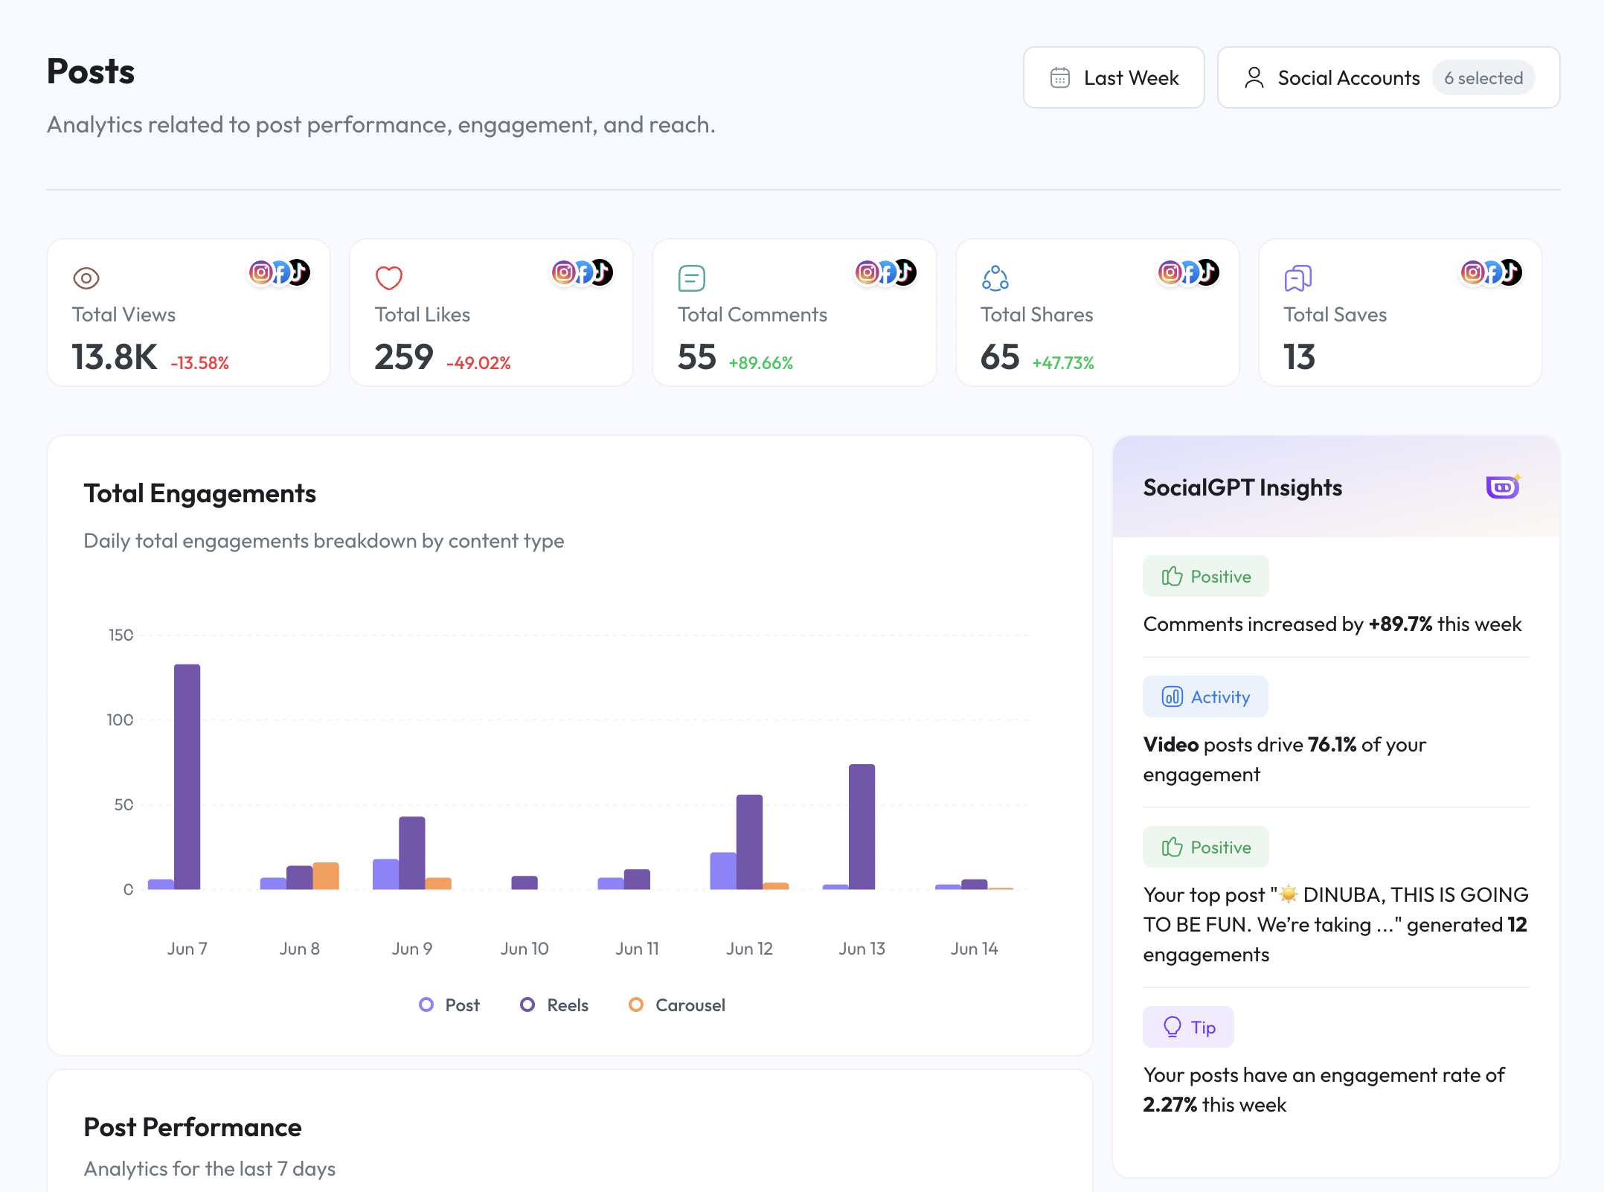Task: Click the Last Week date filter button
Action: click(x=1113, y=77)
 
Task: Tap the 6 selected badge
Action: click(x=1483, y=78)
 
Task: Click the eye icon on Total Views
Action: click(x=86, y=278)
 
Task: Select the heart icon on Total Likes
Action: click(x=388, y=278)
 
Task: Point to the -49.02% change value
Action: click(x=478, y=363)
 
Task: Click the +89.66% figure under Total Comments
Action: click(x=760, y=363)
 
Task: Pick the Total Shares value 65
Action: click(x=999, y=357)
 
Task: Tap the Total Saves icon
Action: click(x=1297, y=278)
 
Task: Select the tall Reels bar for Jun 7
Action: click(x=187, y=777)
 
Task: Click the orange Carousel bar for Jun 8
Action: click(x=326, y=876)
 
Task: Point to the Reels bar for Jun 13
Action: click(x=862, y=827)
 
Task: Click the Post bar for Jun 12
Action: click(x=723, y=871)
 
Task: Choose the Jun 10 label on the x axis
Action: click(x=524, y=949)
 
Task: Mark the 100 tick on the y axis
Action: click(x=120, y=720)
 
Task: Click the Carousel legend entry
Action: click(x=676, y=1005)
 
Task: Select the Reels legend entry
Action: click(x=554, y=1005)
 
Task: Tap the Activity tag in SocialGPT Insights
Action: click(x=1205, y=697)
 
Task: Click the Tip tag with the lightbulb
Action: click(x=1188, y=1028)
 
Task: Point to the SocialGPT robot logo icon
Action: click(x=1503, y=487)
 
